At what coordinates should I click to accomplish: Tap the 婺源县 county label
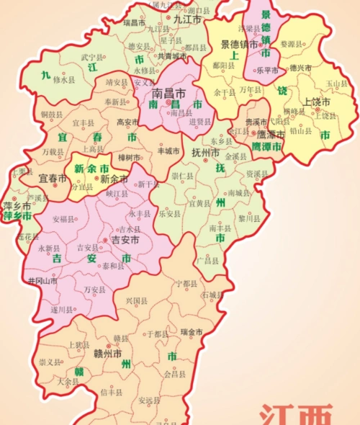tap(293, 44)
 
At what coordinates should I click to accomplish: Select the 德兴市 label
tap(300, 68)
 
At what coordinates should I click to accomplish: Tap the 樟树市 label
tap(130, 157)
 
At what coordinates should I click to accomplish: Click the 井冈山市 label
tap(41, 280)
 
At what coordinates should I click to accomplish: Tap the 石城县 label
tap(212, 295)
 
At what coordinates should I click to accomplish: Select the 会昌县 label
tap(175, 375)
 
